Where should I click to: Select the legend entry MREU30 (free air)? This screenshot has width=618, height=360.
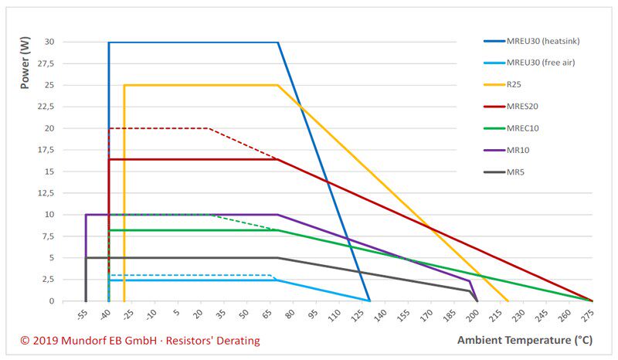540,62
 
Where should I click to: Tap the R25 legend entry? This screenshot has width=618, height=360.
515,84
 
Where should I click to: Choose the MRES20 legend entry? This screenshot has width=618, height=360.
523,106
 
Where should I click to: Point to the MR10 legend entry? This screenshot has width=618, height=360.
518,150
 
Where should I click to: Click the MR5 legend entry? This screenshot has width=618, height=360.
515,172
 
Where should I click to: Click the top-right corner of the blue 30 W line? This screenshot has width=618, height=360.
277,42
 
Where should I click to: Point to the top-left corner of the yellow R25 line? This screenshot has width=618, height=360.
124,85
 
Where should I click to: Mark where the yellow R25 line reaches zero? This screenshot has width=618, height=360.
508,301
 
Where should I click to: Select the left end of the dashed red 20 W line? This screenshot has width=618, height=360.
109,128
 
